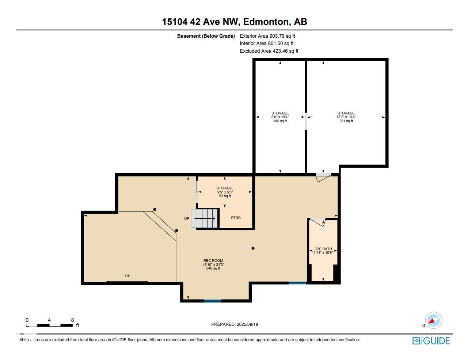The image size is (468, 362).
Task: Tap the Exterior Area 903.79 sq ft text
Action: [x=267, y=36]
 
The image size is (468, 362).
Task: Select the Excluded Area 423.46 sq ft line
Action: [x=269, y=51]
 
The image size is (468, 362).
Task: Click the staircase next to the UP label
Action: [x=205, y=218]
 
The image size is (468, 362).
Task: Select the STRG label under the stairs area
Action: [x=236, y=218]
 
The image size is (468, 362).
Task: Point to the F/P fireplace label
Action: [x=128, y=276]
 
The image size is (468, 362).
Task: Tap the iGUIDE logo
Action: [x=431, y=341]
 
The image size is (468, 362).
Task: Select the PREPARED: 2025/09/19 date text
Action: [x=235, y=324]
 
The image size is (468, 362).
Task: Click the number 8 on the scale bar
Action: [x=72, y=320]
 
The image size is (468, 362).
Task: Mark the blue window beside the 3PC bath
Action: [x=297, y=283]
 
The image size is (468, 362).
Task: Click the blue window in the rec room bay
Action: [x=212, y=301]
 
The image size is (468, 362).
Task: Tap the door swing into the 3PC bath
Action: [x=318, y=222]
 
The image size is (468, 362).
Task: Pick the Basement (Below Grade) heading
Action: [x=206, y=36]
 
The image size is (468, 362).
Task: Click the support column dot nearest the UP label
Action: [x=176, y=231]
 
